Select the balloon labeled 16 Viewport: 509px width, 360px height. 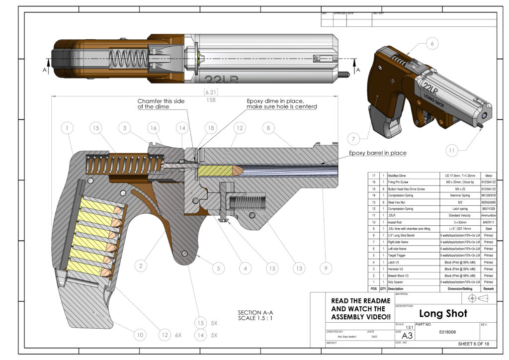click(x=153, y=128)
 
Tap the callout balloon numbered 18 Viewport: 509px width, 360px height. click(x=211, y=128)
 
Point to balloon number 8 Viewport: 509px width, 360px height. click(x=268, y=128)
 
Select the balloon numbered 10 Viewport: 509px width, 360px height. click(x=140, y=336)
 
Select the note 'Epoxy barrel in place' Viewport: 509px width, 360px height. click(x=377, y=153)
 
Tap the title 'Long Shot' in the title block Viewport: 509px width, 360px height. click(x=443, y=313)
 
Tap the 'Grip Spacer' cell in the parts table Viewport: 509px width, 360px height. click(x=398, y=281)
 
